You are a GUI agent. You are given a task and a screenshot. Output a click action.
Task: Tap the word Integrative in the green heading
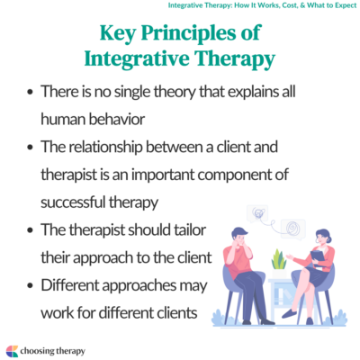(x=135, y=60)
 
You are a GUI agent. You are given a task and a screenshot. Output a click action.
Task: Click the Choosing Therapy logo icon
(x=12, y=349)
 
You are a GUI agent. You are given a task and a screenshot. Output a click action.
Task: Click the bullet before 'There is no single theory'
(x=32, y=92)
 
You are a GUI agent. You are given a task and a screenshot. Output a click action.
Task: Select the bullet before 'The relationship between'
(x=32, y=148)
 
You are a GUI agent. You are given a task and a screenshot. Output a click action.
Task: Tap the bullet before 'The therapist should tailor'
(x=32, y=231)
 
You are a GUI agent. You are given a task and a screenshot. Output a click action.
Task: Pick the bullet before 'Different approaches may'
(x=32, y=287)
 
